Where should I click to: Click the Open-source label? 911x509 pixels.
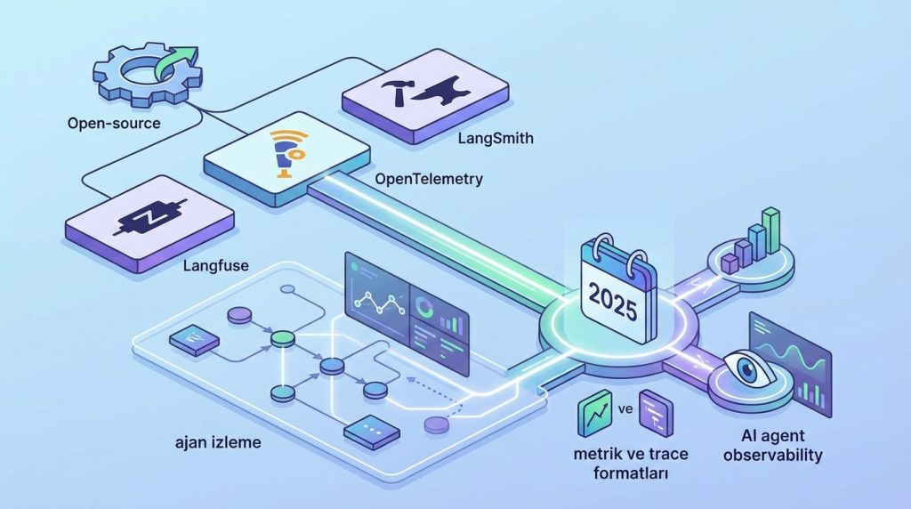coord(114,123)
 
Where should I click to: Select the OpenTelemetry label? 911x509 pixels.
coord(429,179)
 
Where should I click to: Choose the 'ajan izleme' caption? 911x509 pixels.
coord(219,441)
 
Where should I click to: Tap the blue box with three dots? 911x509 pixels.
coord(368,430)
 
